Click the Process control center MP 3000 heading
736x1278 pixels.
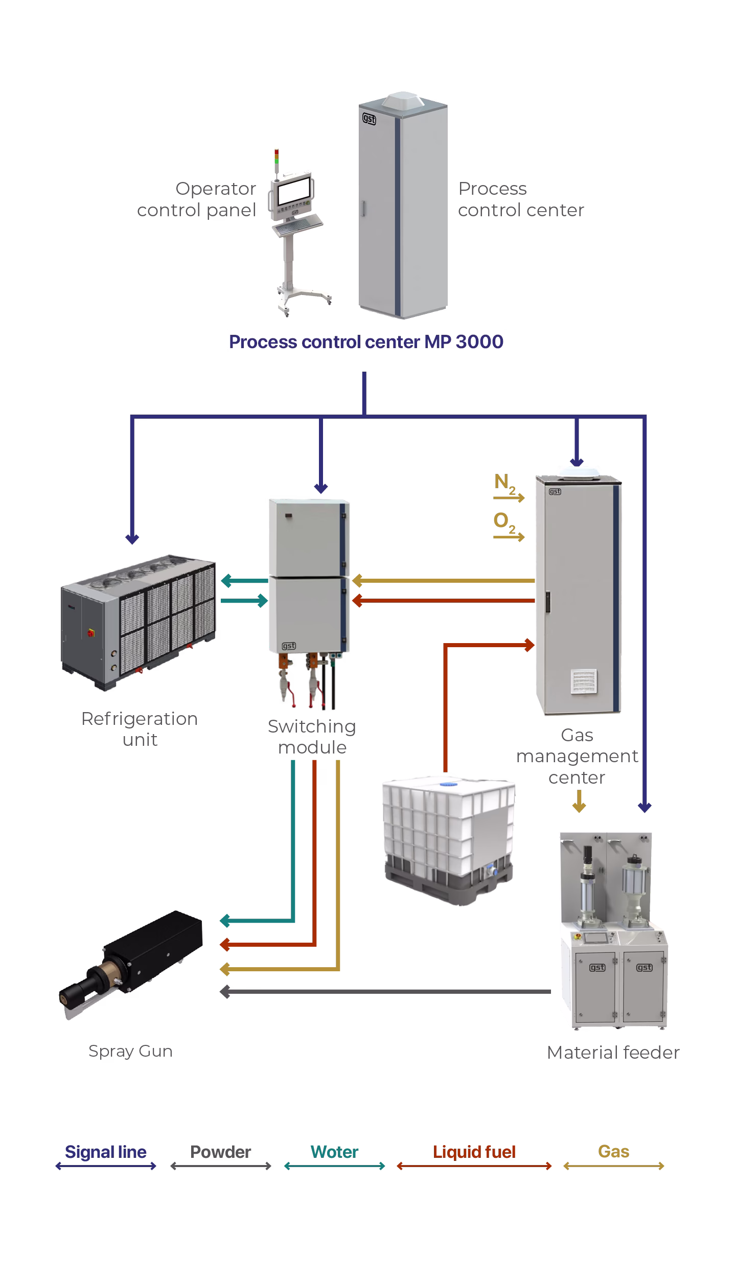pyautogui.click(x=366, y=341)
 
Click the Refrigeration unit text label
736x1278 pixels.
pyautogui.click(x=140, y=729)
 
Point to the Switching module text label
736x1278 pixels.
pyautogui.click(x=312, y=737)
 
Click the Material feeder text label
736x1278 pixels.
pyautogui.click(x=613, y=1053)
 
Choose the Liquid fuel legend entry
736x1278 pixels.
pyautogui.click(x=474, y=1152)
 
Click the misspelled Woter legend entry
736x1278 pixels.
pyautogui.click(x=334, y=1152)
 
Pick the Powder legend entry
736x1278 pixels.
pyautogui.click(x=220, y=1152)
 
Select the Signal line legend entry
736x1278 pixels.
pyautogui.click(x=105, y=1152)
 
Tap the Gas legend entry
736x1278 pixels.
pyautogui.click(x=613, y=1151)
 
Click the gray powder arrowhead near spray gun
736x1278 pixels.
pyautogui.click(x=224, y=992)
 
